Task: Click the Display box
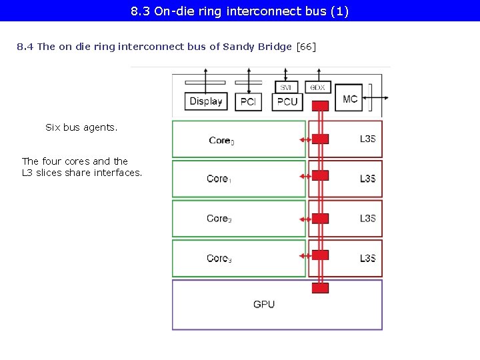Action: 206,101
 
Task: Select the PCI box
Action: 248,101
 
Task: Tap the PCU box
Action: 287,101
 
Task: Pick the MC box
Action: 350,99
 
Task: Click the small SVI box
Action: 286,87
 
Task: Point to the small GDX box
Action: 317,87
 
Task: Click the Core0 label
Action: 221,141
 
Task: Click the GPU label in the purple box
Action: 264,305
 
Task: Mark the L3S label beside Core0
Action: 367,139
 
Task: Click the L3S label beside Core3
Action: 367,259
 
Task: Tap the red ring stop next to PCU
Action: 321,105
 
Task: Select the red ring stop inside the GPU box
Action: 321,288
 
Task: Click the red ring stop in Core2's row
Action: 321,219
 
